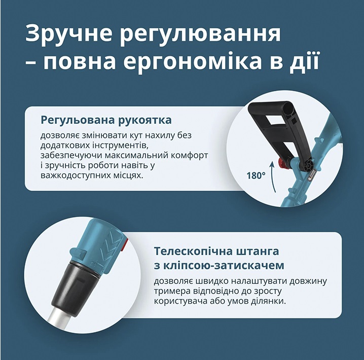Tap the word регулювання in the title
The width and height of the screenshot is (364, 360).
tap(200, 34)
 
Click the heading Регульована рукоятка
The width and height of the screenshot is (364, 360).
tap(106, 121)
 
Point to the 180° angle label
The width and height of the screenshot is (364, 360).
tap(256, 176)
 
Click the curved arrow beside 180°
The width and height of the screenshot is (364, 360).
tap(273, 177)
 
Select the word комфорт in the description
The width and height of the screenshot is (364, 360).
tap(190, 156)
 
